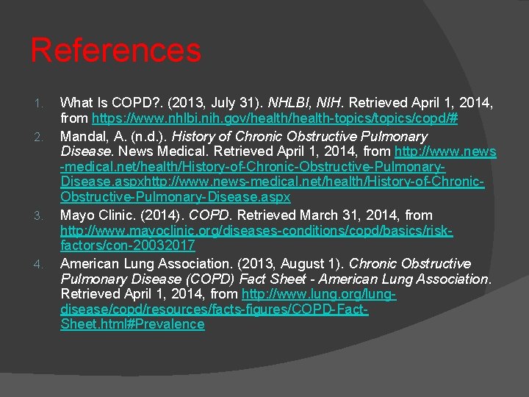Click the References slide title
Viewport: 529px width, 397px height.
[115, 51]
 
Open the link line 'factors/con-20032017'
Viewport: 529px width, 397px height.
[127, 245]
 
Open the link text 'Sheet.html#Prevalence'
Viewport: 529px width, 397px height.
[132, 324]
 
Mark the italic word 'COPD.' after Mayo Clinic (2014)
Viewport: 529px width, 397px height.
[210, 215]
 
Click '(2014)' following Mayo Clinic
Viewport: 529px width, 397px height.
[163, 215]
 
